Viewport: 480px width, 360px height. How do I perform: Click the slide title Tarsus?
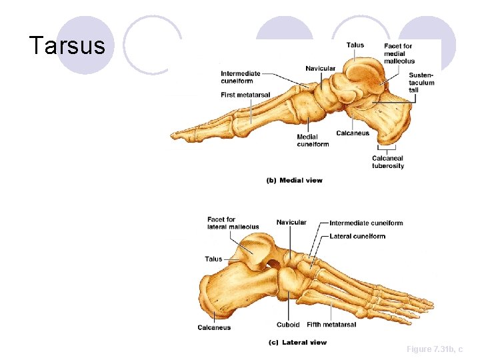click(x=67, y=46)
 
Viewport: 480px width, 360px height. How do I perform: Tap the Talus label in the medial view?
click(x=355, y=45)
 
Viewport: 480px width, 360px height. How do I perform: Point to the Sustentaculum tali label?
click(x=421, y=83)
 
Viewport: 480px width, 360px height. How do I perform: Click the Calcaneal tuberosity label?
click(x=388, y=162)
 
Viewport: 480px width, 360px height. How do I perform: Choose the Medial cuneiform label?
click(x=313, y=141)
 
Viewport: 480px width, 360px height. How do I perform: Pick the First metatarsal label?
click(x=245, y=95)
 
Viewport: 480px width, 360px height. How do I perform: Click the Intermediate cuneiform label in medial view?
click(x=241, y=77)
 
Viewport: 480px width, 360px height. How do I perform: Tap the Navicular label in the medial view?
click(x=321, y=69)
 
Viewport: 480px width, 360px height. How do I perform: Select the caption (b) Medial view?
click(x=294, y=180)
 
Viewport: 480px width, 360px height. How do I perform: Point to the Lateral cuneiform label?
click(x=357, y=236)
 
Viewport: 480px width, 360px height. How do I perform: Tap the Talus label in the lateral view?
click(x=213, y=259)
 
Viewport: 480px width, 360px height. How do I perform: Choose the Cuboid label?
click(x=288, y=325)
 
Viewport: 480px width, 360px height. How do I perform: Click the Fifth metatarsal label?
click(x=331, y=325)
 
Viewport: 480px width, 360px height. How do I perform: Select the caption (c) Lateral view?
click(x=297, y=342)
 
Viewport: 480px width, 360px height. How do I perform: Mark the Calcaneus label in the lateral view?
click(x=214, y=327)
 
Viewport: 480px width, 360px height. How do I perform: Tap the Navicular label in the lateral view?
click(x=291, y=223)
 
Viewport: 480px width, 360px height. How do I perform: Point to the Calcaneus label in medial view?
click(x=353, y=133)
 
